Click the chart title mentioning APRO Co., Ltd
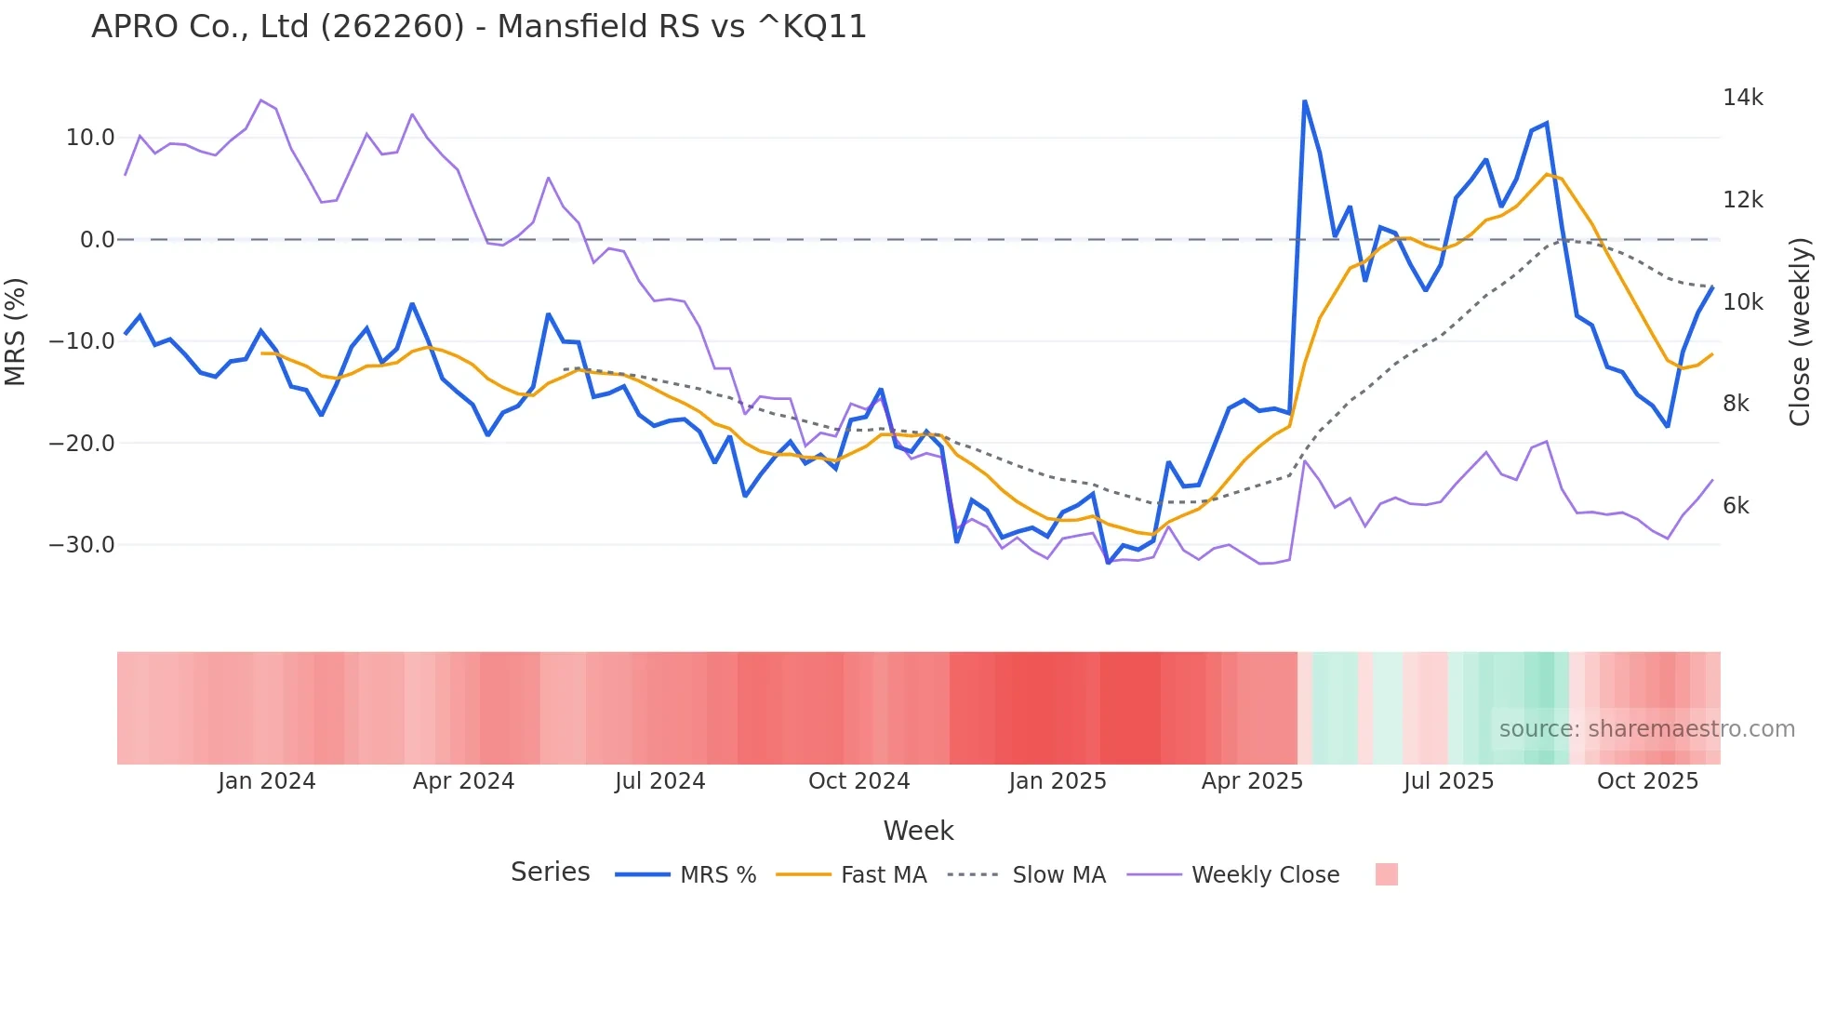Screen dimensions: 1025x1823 [x=479, y=27]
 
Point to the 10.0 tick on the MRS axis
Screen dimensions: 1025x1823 [x=89, y=138]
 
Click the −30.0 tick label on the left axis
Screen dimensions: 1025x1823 [x=82, y=545]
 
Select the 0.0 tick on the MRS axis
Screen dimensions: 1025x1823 [x=97, y=240]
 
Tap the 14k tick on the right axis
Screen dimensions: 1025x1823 [x=1742, y=98]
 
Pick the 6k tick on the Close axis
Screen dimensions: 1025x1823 [x=1736, y=506]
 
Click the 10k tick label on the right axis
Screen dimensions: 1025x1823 [x=1742, y=302]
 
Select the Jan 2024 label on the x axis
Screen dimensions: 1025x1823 [x=267, y=781]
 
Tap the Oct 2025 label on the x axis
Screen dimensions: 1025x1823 [x=1647, y=781]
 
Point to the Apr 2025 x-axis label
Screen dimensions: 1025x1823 [x=1252, y=781]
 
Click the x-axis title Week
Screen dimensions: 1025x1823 [x=918, y=831]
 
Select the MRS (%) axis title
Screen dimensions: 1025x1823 [x=16, y=332]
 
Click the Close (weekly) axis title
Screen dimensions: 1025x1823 [x=1800, y=332]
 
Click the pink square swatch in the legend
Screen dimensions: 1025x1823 [x=1386, y=874]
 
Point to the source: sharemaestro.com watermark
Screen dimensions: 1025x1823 [x=1646, y=729]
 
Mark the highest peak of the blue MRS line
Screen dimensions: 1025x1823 [x=1304, y=101]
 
